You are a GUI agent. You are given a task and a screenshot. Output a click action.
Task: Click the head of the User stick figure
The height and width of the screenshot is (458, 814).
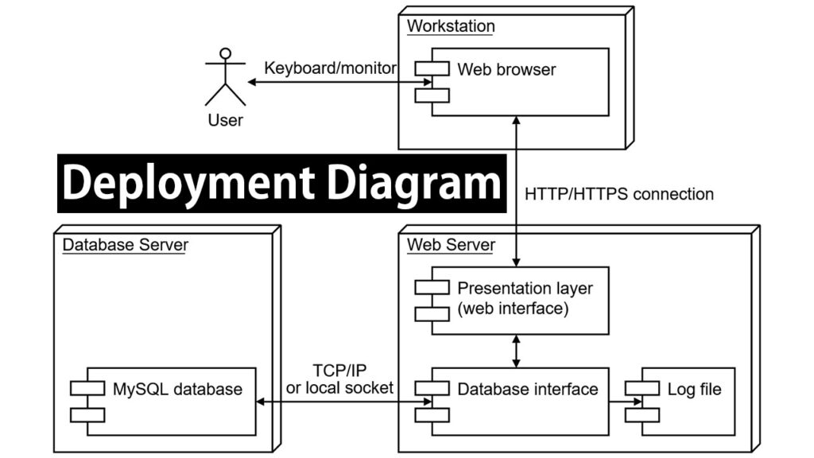226,54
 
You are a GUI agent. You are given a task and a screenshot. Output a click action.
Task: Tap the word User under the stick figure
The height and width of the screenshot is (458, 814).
225,121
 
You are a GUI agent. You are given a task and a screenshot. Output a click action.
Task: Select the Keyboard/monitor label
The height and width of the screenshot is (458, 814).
330,68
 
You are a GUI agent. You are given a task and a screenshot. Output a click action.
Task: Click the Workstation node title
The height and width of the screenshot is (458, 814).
451,26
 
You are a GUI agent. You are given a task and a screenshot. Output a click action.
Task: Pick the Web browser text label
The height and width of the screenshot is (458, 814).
506,69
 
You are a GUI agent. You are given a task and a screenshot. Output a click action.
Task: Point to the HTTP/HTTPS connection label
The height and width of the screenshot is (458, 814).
619,194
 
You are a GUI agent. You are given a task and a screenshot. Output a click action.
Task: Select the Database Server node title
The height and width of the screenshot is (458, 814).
125,245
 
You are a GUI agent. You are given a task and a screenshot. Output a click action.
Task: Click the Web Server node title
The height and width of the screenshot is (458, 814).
451,245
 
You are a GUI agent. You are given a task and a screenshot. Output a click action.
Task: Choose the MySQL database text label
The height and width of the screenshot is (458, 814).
177,390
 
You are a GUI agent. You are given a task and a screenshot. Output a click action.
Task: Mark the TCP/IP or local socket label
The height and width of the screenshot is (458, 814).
339,380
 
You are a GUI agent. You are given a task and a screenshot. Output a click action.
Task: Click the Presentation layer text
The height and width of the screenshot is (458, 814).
525,288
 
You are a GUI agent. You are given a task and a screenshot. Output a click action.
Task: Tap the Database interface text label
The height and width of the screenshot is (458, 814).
528,390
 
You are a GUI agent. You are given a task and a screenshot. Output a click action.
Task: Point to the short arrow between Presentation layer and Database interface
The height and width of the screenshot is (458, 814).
518,351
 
